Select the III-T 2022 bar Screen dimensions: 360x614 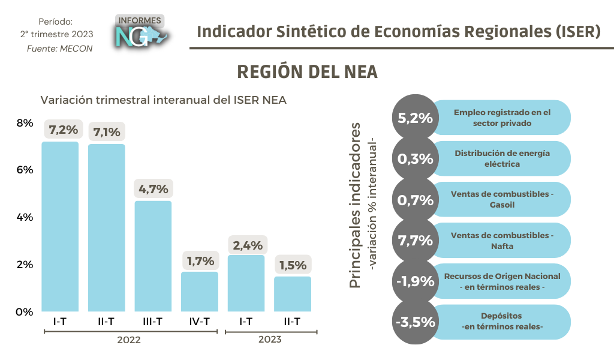tap(153, 256)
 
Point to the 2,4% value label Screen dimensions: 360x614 tap(247, 244)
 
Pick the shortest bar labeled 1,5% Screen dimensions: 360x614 tap(293, 294)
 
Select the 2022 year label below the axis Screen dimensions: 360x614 tap(129, 340)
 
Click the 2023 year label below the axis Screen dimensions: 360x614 tap(270, 340)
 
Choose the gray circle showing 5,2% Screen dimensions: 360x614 tap(414, 118)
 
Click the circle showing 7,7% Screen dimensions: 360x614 tap(414, 241)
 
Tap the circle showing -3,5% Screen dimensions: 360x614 tap(414, 322)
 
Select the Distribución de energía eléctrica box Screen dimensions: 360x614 tap(501, 158)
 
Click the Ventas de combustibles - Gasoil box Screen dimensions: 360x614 tap(501, 199)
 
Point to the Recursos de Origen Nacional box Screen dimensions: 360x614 tap(501, 281)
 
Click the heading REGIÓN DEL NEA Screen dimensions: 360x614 tap(307, 71)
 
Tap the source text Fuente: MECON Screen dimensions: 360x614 tap(60, 49)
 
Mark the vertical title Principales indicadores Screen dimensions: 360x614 tap(355, 205)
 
